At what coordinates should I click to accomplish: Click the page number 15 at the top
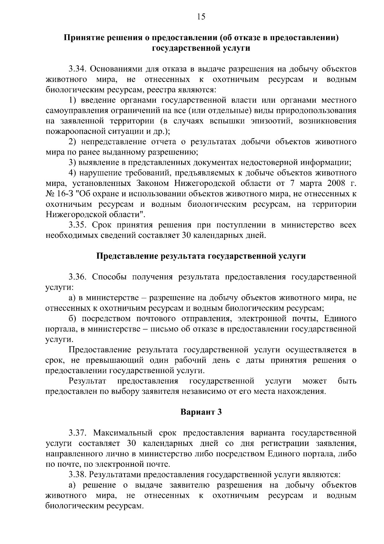click(x=201, y=17)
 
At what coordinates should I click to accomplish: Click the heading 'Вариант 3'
click(x=201, y=412)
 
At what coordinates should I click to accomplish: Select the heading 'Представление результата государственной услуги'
click(x=201, y=256)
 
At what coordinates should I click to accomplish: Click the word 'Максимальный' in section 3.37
click(x=124, y=433)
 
